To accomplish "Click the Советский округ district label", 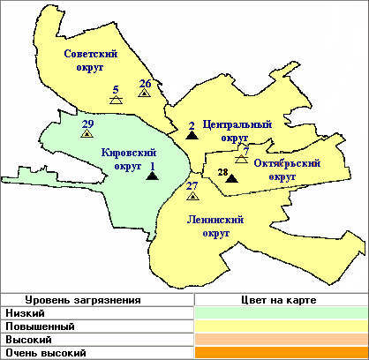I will pyautogui.click(x=90, y=60).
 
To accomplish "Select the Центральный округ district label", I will pyautogui.click(x=236, y=131).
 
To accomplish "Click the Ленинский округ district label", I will pyautogui.click(x=215, y=226).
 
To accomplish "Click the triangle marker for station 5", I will pyautogui.click(x=116, y=101).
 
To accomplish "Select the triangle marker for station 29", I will pyautogui.click(x=87, y=134).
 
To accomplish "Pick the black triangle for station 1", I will pyautogui.click(x=152, y=176).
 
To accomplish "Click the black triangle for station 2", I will pyautogui.click(x=191, y=136).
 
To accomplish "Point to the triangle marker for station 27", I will pyautogui.click(x=192, y=196).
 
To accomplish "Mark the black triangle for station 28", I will pyautogui.click(x=231, y=179).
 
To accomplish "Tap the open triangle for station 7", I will pyautogui.click(x=242, y=159).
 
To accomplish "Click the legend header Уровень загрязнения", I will pyautogui.click(x=68, y=300).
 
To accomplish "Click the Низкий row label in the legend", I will pyautogui.click(x=26, y=313).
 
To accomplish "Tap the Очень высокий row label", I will pyautogui.click(x=46, y=353).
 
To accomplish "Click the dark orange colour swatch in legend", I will pyautogui.click(x=280, y=353).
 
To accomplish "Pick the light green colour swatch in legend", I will pyautogui.click(x=280, y=313).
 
